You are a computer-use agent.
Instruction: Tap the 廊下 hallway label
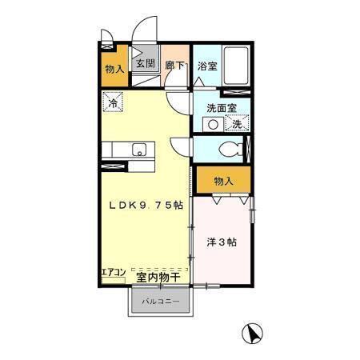click(174, 66)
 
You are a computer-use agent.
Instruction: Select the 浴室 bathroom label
click(207, 66)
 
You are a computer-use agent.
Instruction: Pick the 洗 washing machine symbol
click(237, 124)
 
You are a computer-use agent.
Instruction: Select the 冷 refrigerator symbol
click(113, 102)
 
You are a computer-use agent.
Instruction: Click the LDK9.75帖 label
click(146, 205)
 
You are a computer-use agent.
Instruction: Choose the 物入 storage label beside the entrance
click(114, 69)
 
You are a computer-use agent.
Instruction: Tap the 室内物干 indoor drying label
click(157, 277)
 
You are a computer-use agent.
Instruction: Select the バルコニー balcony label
click(160, 302)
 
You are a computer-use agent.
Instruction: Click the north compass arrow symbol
click(251, 334)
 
